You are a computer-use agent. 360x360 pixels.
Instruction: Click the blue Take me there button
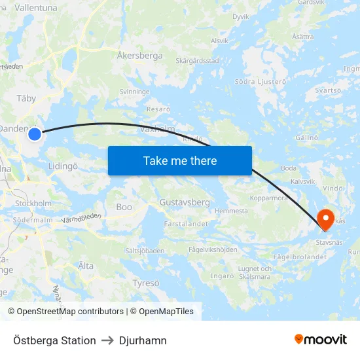pyautogui.click(x=179, y=160)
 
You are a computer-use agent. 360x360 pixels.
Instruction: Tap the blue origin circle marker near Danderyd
pyautogui.click(x=35, y=134)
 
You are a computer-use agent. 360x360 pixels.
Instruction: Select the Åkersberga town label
pyautogui.click(x=139, y=56)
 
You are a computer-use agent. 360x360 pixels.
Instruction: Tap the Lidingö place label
pyautogui.click(x=63, y=166)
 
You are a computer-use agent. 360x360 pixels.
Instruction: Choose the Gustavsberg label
pyautogui.click(x=185, y=202)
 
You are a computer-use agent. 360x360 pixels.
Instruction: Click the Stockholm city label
pyautogui.click(x=33, y=204)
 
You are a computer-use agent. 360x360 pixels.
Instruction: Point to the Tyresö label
pyautogui.click(x=146, y=283)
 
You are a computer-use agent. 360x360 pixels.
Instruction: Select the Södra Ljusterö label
pyautogui.click(x=261, y=82)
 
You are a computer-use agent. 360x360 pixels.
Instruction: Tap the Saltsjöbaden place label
pyautogui.click(x=145, y=251)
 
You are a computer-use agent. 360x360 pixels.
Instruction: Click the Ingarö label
pyautogui.click(x=223, y=276)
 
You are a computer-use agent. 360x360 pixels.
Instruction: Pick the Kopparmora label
pyautogui.click(x=269, y=198)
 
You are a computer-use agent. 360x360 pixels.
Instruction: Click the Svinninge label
pyautogui.click(x=135, y=92)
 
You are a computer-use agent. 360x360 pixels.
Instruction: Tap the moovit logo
pyautogui.click(x=321, y=340)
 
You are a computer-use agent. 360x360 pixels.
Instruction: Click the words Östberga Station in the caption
pyautogui.click(x=54, y=340)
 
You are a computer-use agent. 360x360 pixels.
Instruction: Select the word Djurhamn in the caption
pyautogui.click(x=143, y=340)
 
